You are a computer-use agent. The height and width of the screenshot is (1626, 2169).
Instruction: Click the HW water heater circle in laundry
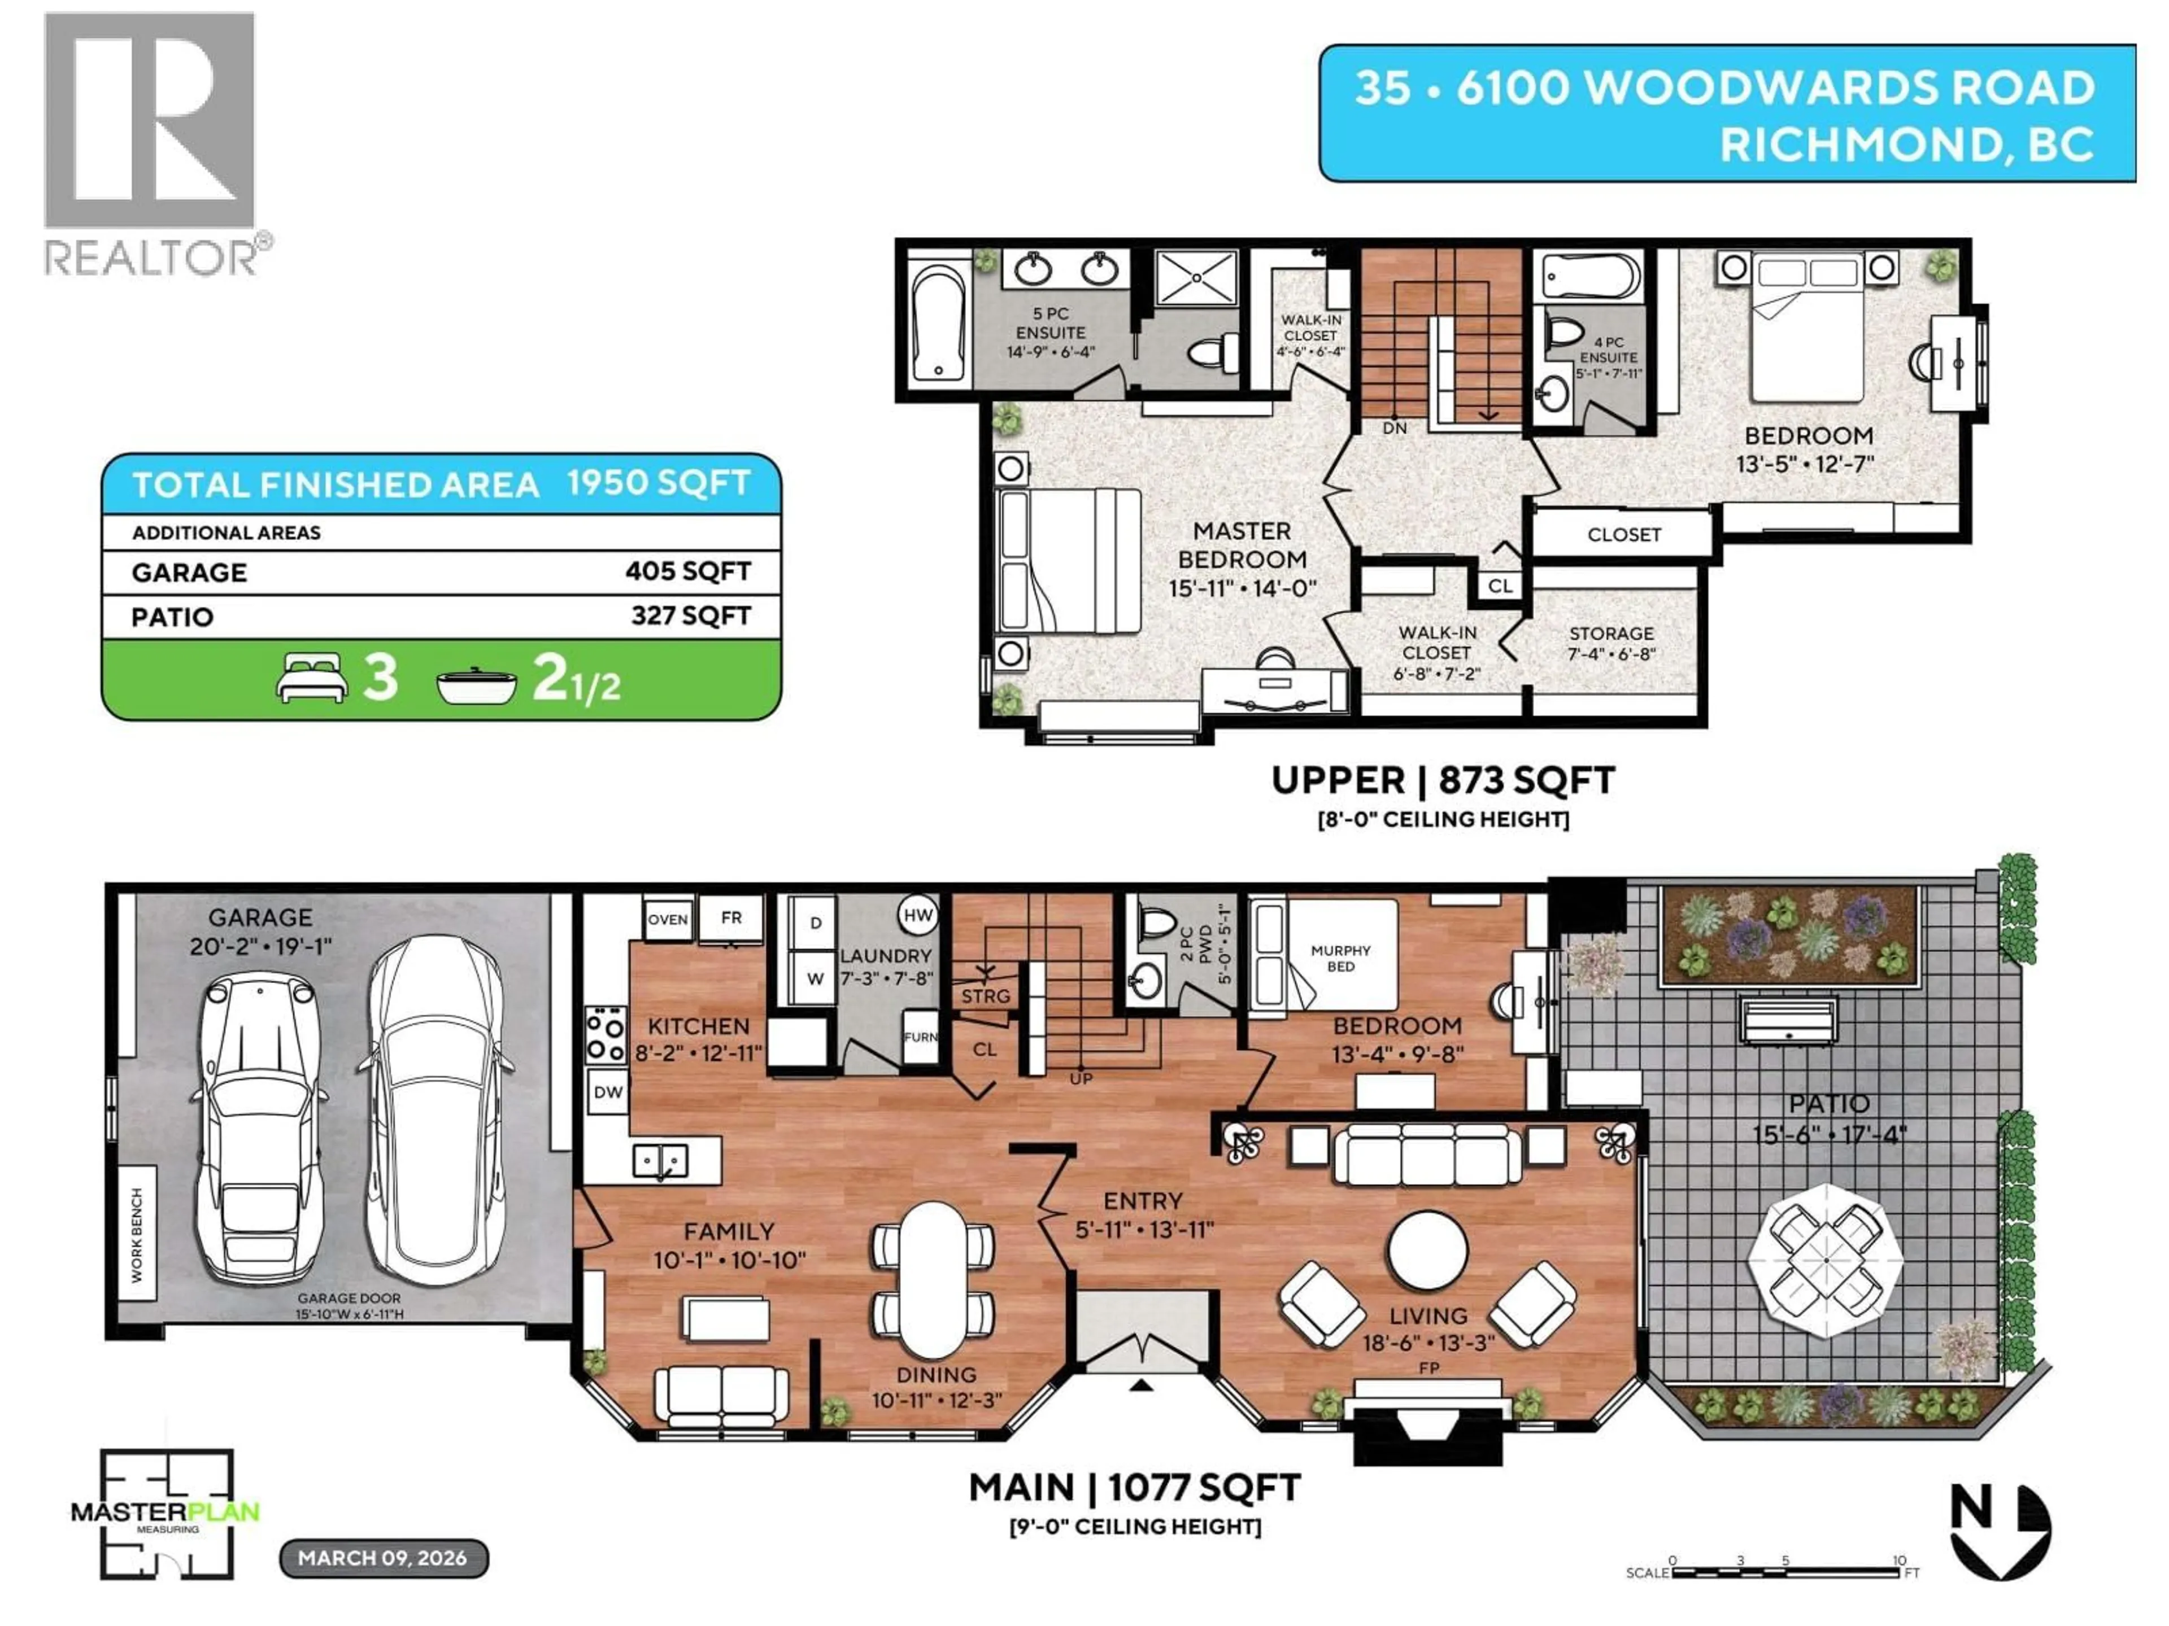coord(918,915)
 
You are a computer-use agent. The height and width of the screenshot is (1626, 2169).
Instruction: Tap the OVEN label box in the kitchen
coord(668,919)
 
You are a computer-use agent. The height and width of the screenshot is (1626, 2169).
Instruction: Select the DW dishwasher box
coord(608,1092)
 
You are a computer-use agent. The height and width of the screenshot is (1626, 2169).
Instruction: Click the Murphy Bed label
coord(1340,958)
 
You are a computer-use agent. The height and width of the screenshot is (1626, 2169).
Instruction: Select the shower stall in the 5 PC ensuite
coord(1196,277)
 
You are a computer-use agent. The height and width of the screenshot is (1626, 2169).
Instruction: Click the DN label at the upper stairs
coord(1395,429)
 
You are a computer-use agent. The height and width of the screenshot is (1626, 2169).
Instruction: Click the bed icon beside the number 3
coord(312,677)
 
